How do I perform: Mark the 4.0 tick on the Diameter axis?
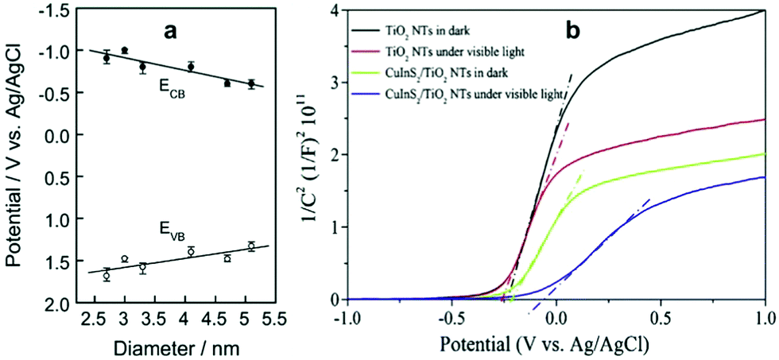pyautogui.click(x=190, y=318)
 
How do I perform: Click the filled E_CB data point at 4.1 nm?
pyautogui.click(x=191, y=67)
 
